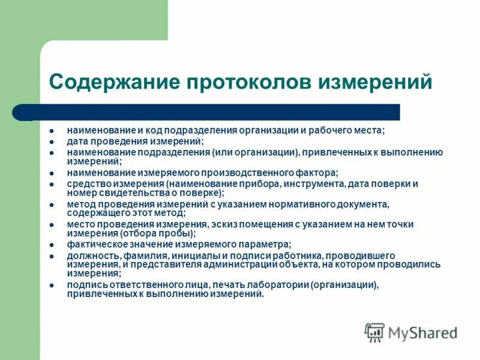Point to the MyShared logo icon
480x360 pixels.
374,332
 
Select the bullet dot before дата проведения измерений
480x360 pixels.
52,142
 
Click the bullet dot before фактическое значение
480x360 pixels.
52,244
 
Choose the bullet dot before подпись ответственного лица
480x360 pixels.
52,285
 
